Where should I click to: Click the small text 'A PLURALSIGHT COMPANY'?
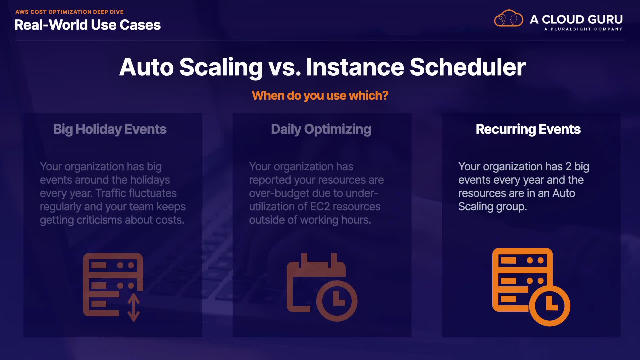tap(583, 29)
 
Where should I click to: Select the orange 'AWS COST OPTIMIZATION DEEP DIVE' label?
tap(69, 12)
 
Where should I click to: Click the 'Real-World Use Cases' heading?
tap(88, 25)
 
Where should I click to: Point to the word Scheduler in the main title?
tap(467, 67)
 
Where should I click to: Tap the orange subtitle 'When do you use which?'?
tap(320, 95)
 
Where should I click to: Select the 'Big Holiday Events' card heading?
tap(110, 129)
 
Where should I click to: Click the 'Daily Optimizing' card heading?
tap(321, 129)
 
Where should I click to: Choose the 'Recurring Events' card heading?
tap(528, 129)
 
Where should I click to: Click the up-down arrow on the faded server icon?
tap(134, 307)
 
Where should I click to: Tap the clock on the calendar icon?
tap(337, 301)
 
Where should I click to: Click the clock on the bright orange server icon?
tap(550, 306)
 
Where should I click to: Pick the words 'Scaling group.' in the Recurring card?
tap(493, 207)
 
